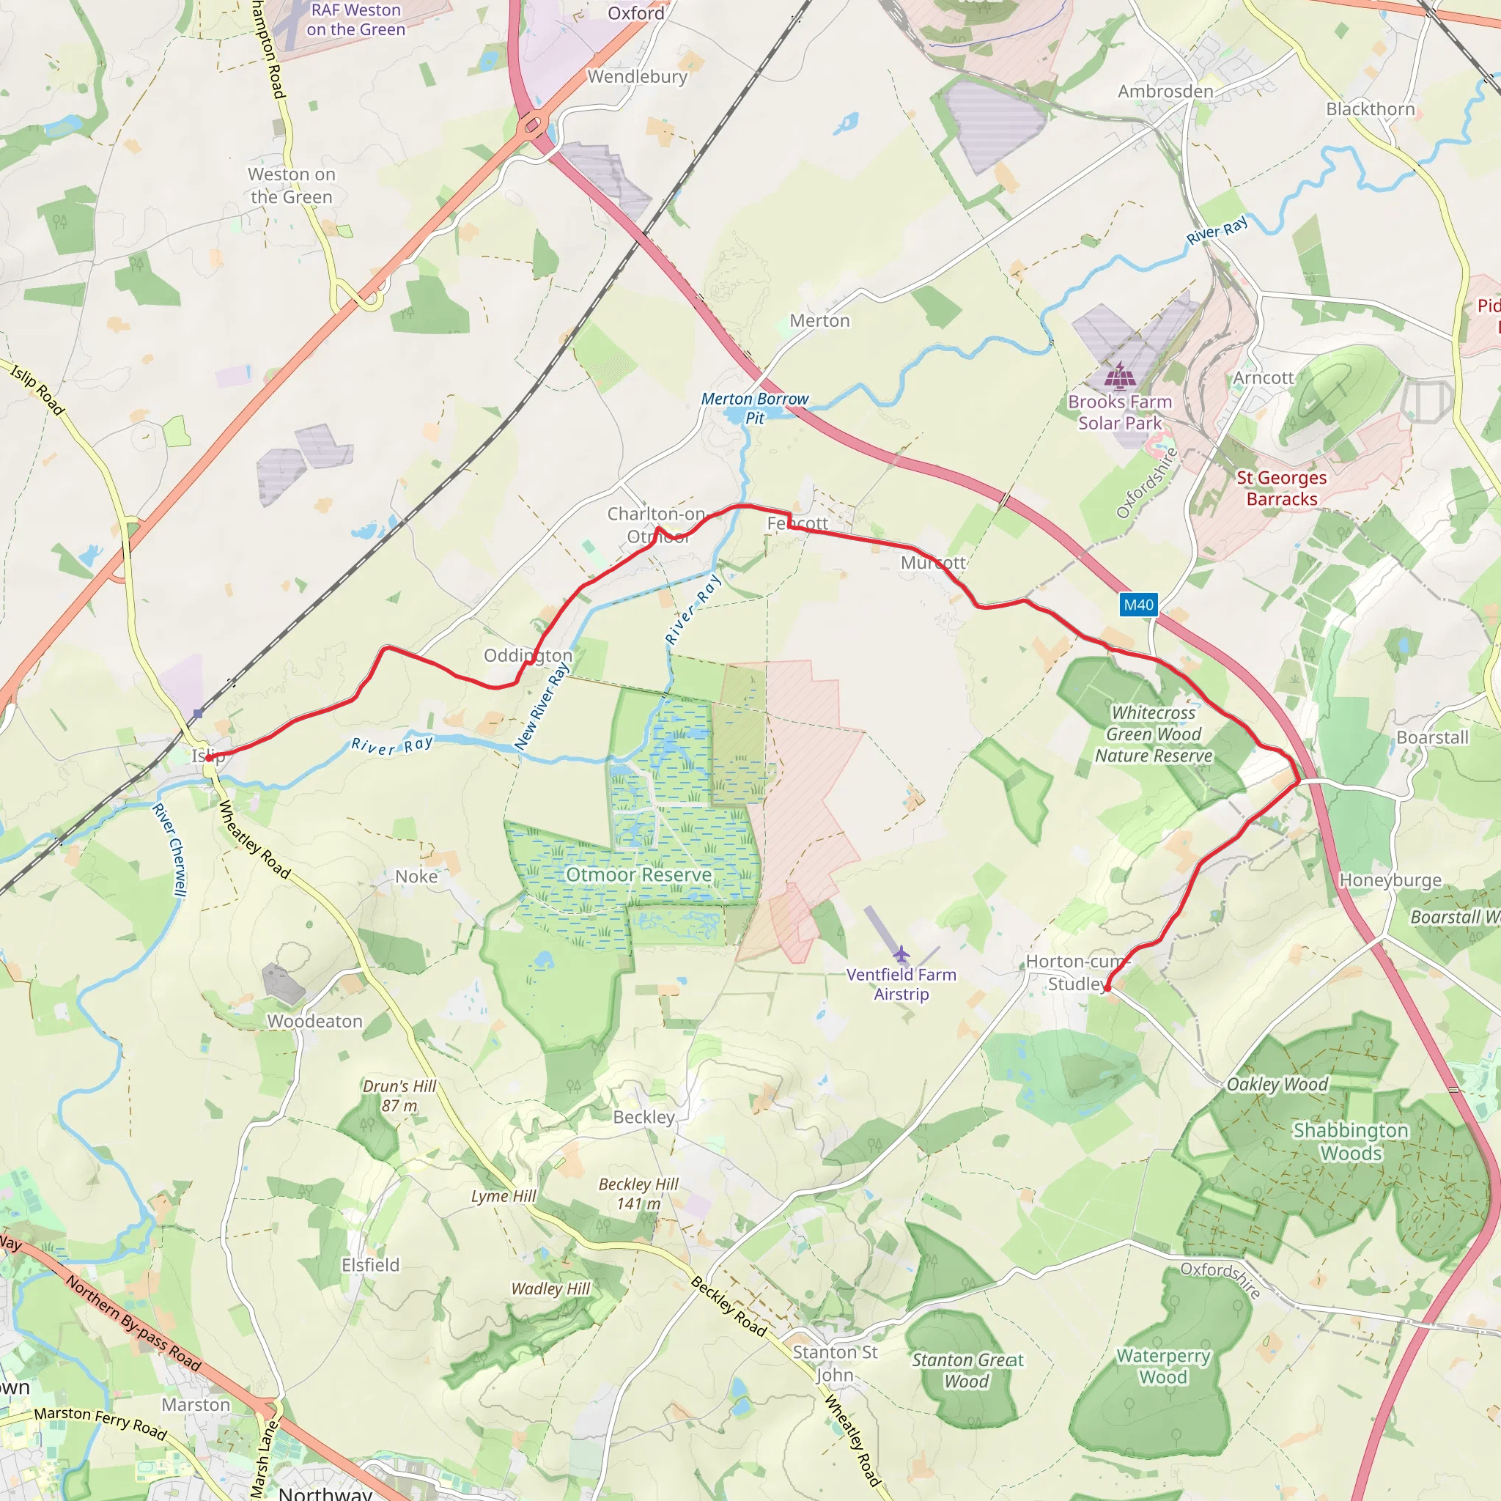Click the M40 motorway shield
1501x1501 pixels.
[x=1138, y=605]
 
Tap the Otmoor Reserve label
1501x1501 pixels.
[x=638, y=875]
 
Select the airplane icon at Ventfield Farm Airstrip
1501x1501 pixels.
[x=901, y=954]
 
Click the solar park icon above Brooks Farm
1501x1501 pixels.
[x=1120, y=375]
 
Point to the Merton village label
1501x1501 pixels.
[x=819, y=321]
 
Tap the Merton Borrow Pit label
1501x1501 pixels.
[x=754, y=408]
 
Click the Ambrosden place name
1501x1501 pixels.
[x=1165, y=92]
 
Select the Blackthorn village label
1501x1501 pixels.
[x=1371, y=108]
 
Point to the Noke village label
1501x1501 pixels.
[x=416, y=877]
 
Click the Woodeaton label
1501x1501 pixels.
[x=314, y=1021]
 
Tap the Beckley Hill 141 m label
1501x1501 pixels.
[x=638, y=1193]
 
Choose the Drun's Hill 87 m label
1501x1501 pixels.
[x=399, y=1096]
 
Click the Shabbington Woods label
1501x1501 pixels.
[x=1350, y=1141]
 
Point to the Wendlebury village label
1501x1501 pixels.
[x=637, y=77]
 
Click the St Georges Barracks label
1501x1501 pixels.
[x=1282, y=488]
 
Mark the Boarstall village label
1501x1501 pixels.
[x=1433, y=737]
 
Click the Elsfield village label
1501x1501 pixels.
[x=371, y=1265]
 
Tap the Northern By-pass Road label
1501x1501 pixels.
[x=133, y=1323]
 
